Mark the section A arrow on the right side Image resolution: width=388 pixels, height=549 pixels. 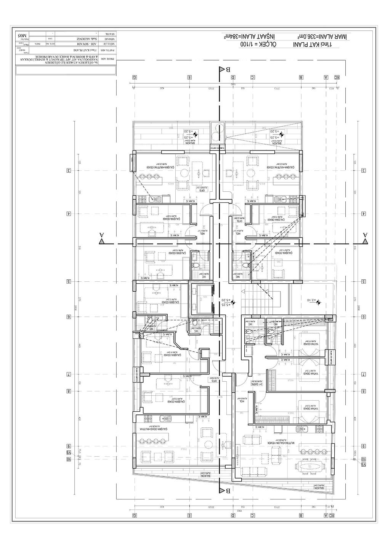point(365,237)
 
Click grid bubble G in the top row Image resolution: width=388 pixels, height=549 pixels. point(135,77)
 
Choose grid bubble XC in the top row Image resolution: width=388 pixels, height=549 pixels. point(337,77)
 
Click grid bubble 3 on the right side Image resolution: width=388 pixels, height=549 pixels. point(364,170)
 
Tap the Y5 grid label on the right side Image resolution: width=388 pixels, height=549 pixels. point(364,464)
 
